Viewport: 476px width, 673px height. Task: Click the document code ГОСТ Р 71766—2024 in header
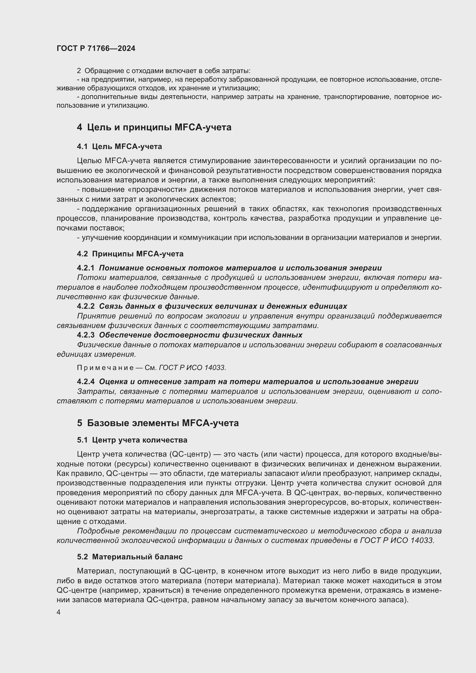pos(96,48)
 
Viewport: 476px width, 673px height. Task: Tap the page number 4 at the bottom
pos(59,612)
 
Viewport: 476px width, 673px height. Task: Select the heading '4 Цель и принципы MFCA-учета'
pos(154,127)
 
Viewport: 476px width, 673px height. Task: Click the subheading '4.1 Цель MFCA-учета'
pos(119,146)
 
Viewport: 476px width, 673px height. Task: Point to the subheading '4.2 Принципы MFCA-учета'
pos(130,254)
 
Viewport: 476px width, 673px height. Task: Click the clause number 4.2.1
pos(85,268)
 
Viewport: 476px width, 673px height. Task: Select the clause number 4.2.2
pos(85,306)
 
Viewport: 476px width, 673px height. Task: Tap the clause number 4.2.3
pos(85,335)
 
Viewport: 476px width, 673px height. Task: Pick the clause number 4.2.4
pos(85,382)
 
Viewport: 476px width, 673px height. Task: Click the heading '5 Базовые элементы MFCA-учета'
pos(158,423)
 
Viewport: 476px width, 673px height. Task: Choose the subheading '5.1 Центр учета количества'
pos(132,440)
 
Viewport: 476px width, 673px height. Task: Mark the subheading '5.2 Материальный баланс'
pos(130,557)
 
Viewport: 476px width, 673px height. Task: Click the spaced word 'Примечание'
pos(106,367)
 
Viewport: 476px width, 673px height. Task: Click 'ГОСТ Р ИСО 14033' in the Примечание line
pos(192,367)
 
